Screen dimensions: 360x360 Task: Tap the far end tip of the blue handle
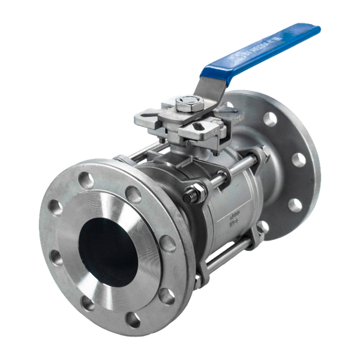coord(315,28)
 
